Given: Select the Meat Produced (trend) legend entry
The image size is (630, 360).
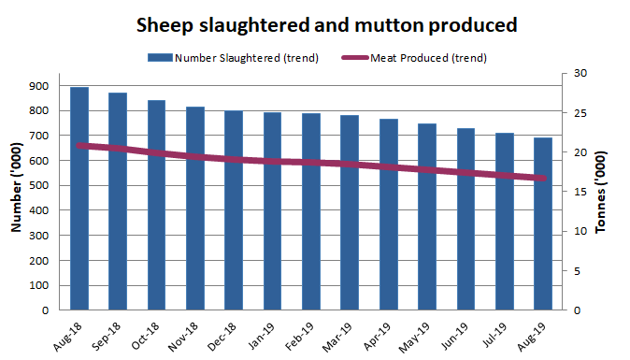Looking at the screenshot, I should [431, 58].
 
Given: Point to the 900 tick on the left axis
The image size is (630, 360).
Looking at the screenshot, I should [40, 86].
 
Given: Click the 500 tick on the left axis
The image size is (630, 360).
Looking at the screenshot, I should [40, 185].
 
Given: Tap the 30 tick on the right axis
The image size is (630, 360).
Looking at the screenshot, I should [580, 73].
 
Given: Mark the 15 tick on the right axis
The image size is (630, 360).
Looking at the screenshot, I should [580, 192].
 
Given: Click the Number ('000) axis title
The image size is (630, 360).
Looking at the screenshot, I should [16, 192].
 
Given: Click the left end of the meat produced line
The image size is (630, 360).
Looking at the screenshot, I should [79, 145].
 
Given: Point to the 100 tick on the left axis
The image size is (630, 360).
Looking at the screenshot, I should [40, 285].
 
